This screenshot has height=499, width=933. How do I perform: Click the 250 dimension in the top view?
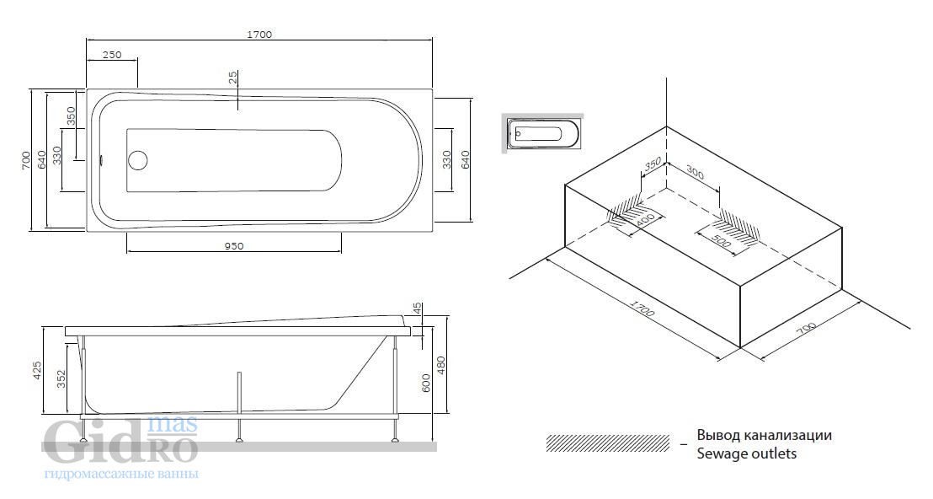point(111,55)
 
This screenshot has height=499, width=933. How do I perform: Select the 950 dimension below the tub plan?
point(234,246)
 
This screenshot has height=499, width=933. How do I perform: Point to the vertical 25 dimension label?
point(233,78)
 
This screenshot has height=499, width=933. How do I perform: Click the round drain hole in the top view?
point(138,159)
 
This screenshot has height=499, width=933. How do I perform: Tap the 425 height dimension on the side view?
point(37,370)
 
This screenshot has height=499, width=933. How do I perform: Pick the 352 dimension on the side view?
point(61,379)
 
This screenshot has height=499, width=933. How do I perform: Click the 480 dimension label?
point(441,365)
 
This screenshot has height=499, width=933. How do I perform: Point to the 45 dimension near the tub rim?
point(418,309)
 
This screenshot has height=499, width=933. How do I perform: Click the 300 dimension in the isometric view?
point(695,173)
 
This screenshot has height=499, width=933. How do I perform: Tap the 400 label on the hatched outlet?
point(646,223)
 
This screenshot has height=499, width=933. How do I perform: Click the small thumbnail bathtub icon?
point(542,133)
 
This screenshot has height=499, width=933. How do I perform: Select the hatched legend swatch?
point(607,443)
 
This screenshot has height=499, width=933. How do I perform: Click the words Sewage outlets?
point(747,453)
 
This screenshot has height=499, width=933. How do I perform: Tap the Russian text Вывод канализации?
point(765,435)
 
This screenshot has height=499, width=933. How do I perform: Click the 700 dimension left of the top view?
point(25,160)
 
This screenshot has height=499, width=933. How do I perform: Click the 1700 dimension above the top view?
point(259,35)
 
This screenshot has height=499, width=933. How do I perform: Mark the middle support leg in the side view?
point(239,407)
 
